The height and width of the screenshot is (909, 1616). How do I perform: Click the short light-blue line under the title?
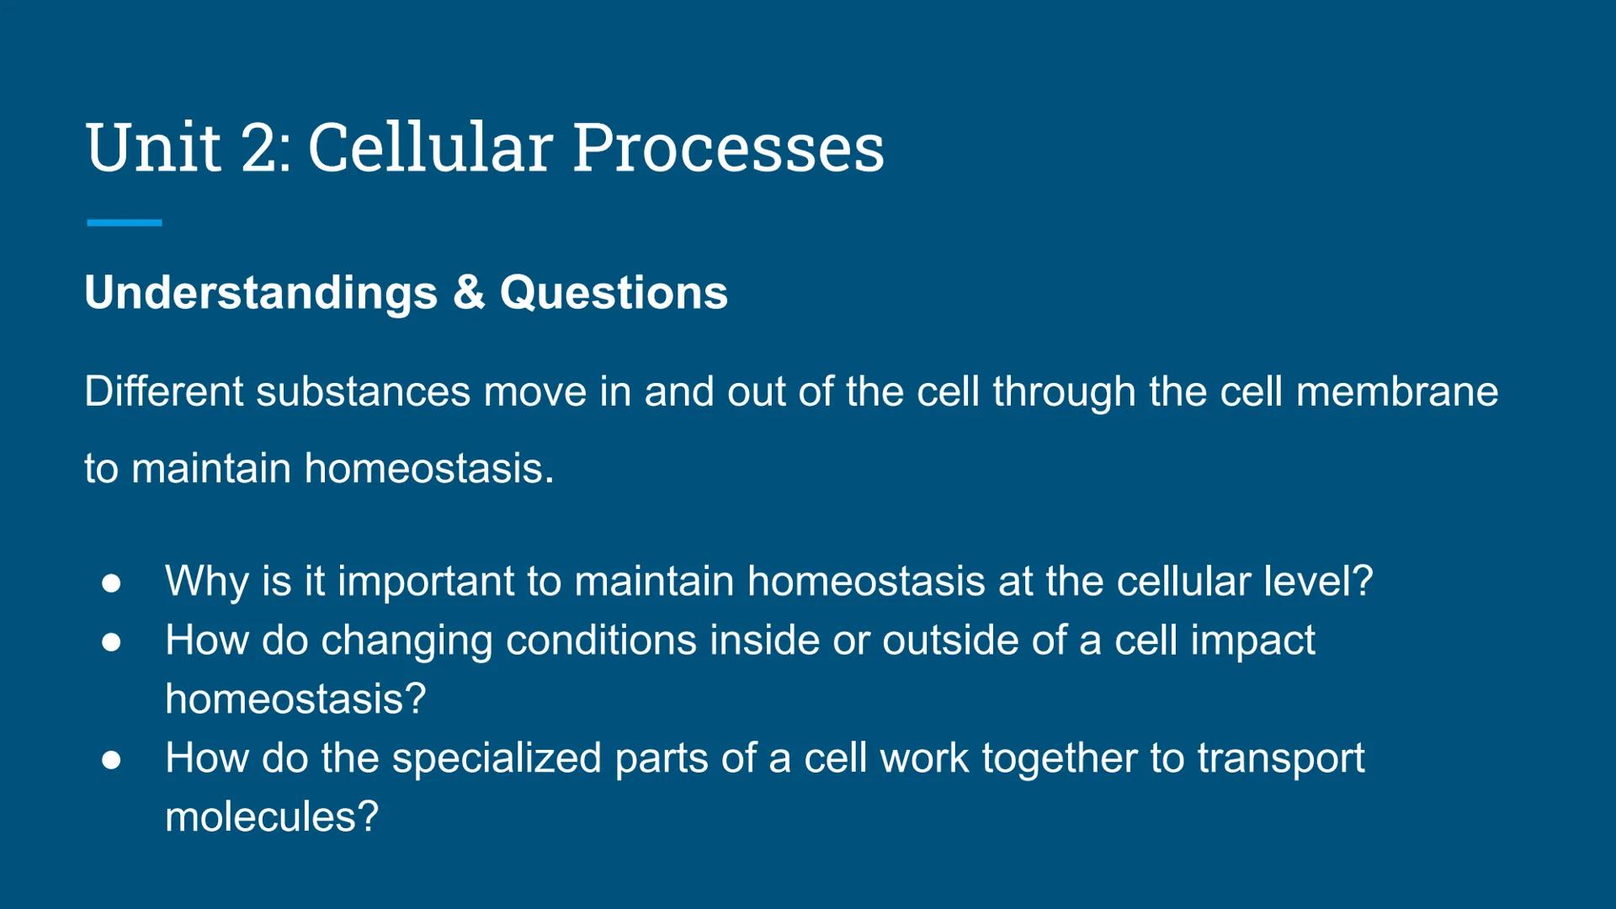point(124,223)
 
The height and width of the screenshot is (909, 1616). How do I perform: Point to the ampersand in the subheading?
point(469,293)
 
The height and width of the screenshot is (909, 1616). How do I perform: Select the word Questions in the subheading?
point(614,293)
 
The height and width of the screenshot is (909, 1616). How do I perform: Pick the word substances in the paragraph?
point(363,392)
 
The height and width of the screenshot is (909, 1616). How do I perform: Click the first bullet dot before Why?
point(111,583)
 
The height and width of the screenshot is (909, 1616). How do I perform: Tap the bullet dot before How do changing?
point(111,642)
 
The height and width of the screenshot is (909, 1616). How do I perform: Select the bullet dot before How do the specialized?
point(111,760)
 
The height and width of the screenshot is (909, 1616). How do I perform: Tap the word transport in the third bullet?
point(1280,759)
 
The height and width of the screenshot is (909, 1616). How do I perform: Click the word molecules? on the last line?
point(272,817)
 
